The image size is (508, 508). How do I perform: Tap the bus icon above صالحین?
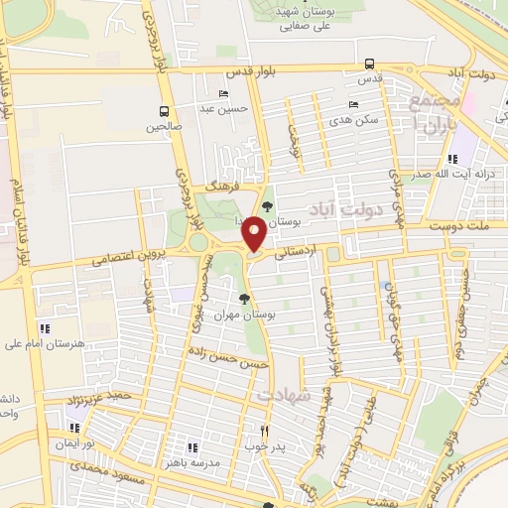tap(164, 111)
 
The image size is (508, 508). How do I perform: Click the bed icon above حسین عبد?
tap(223, 94)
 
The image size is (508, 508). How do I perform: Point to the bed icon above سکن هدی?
tap(354, 104)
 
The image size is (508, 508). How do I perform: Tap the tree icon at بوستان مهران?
tap(244, 298)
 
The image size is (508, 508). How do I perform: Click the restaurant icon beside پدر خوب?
tap(264, 431)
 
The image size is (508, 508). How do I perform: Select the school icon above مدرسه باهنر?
tap(191, 447)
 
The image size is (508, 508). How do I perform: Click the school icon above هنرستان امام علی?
tap(44, 328)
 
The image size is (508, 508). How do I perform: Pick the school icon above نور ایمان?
tap(70, 428)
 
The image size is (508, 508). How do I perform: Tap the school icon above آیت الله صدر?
tap(453, 159)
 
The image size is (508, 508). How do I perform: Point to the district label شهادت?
tap(285, 394)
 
